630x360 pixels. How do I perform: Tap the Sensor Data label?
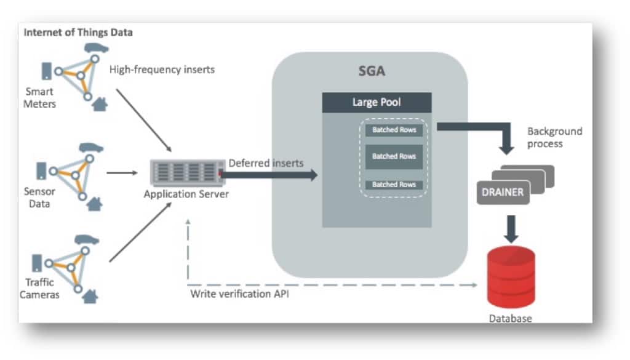pyautogui.click(x=40, y=197)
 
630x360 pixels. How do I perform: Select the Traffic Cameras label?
pyautogui.click(x=41, y=288)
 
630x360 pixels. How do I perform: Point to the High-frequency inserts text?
pyautogui.click(x=162, y=70)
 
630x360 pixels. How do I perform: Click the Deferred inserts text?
pyautogui.click(x=266, y=163)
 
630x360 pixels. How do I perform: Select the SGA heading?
pyautogui.click(x=372, y=71)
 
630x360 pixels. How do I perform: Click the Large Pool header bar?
pyautogui.click(x=377, y=102)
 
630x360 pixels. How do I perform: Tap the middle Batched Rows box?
pyautogui.click(x=394, y=156)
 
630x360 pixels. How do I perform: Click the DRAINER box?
pyautogui.click(x=502, y=192)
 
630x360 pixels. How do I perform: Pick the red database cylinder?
pyautogui.click(x=511, y=278)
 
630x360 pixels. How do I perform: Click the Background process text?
pyautogui.click(x=554, y=137)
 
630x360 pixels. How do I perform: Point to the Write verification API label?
pyautogui.click(x=239, y=294)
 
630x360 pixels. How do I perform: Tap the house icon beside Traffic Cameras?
pyautogui.click(x=90, y=297)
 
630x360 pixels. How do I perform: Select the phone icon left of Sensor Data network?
pyautogui.click(x=42, y=170)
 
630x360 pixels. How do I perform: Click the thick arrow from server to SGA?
pyautogui.click(x=271, y=175)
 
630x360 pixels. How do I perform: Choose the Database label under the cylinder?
pyautogui.click(x=510, y=318)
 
